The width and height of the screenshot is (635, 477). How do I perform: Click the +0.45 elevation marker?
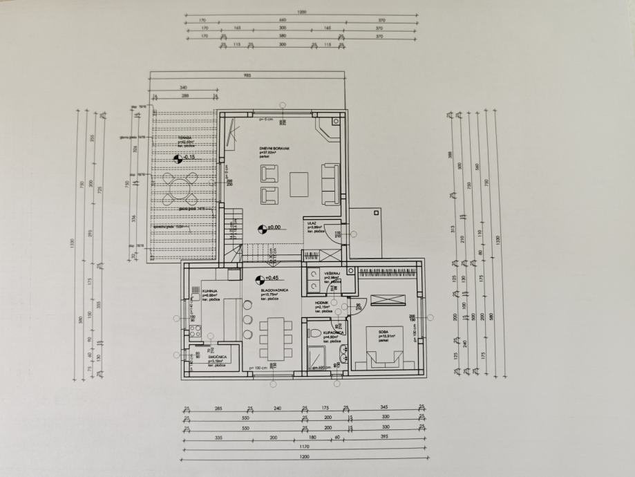pos(258,280)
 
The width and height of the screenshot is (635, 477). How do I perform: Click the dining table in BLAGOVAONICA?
pos(273,337)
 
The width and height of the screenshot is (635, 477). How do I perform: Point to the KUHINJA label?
pos(211,291)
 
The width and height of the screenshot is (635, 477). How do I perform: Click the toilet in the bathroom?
pos(315,333)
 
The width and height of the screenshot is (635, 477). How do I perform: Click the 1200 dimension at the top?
pos(301,12)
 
